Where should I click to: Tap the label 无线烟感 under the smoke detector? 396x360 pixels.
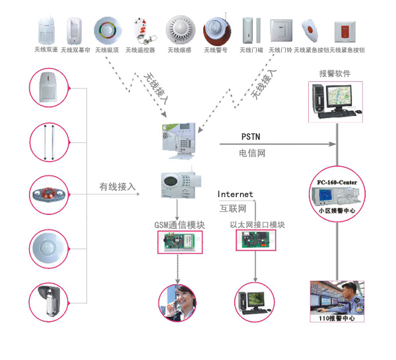click(178, 50)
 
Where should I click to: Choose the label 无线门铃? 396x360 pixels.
click(280, 50)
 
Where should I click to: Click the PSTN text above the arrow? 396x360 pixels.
click(251, 136)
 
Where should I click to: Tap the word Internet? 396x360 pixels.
click(236, 195)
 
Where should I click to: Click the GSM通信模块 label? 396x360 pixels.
click(180, 225)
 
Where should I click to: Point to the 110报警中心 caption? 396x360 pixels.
click(337, 318)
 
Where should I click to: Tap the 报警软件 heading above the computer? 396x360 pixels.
click(335, 74)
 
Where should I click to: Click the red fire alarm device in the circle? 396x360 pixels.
click(49, 195)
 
